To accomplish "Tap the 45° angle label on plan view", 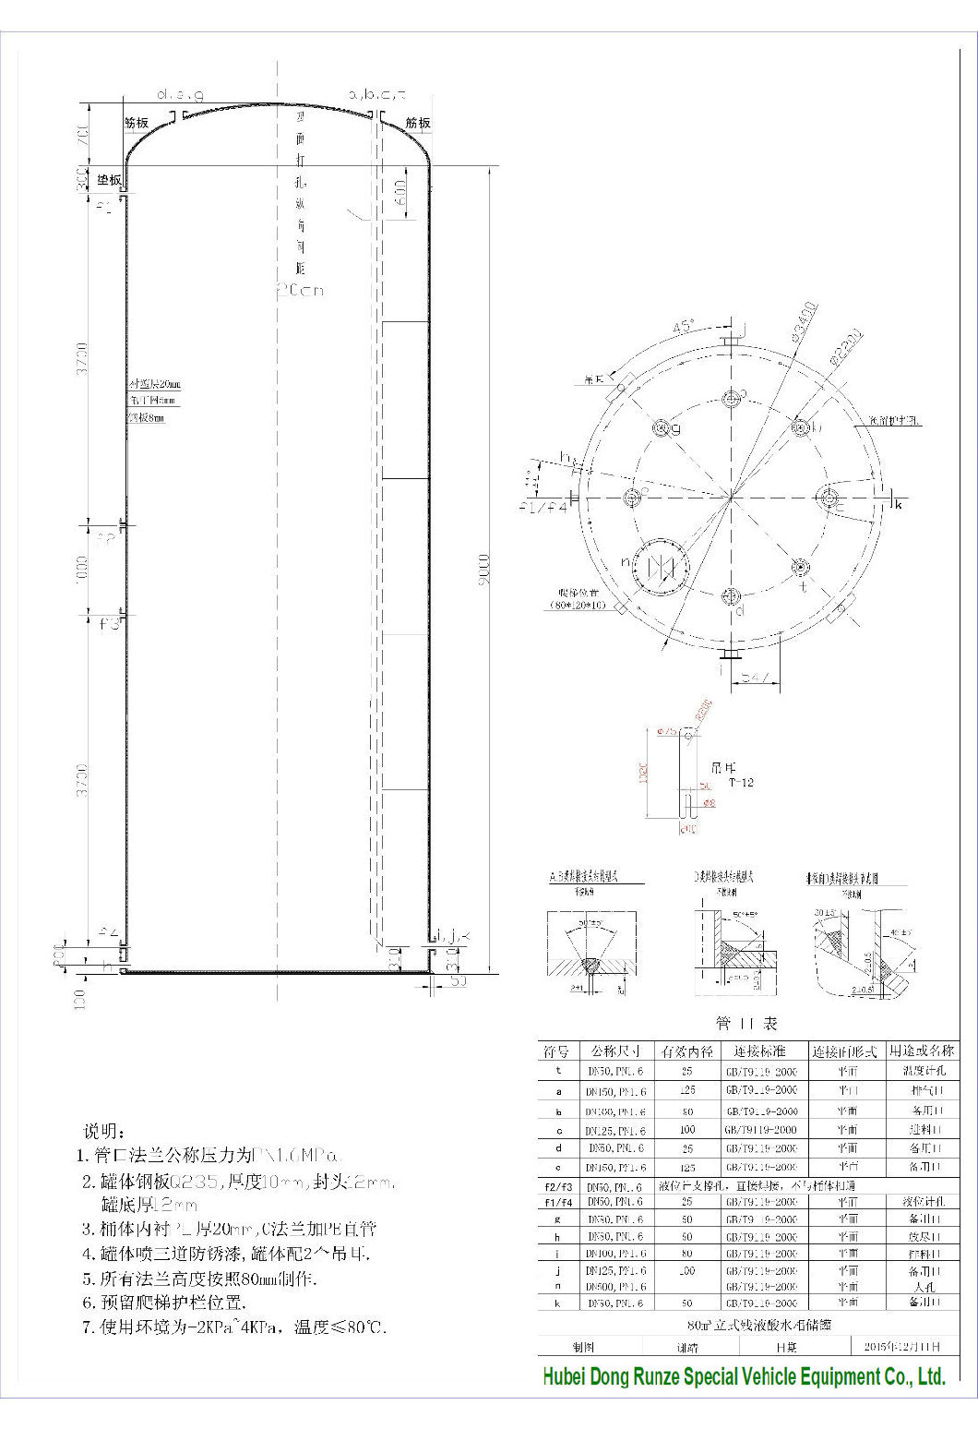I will pos(684,327).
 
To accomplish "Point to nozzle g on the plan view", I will pos(662,428).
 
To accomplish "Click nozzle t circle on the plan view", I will pos(799,567).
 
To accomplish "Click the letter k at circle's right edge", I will pos(898,504).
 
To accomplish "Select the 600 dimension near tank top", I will pos(400,193).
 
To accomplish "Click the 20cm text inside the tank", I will pos(300,290).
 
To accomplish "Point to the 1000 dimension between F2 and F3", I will pos(84,570).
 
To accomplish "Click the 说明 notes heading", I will pos(101,1131).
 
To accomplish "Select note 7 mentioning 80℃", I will pos(231,1327).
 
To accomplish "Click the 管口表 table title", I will pos(746,1023).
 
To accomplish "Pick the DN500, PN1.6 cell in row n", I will pos(615,1286).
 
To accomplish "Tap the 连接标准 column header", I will pos(759,1051).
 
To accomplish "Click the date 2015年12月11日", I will pos(900,1347).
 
